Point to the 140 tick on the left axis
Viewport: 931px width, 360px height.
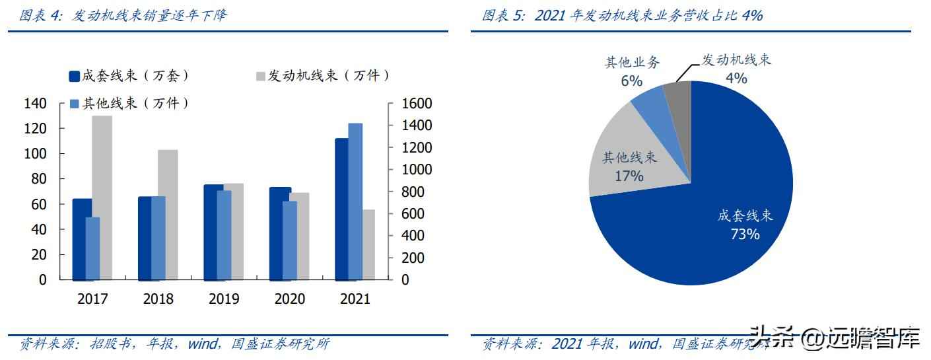[35, 104]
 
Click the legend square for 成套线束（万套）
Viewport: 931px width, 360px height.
[75, 76]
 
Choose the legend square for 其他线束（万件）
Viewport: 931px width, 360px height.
[75, 104]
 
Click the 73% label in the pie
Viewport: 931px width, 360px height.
[745, 234]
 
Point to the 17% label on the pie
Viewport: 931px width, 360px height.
[629, 176]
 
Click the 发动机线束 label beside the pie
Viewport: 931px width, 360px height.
[736, 59]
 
